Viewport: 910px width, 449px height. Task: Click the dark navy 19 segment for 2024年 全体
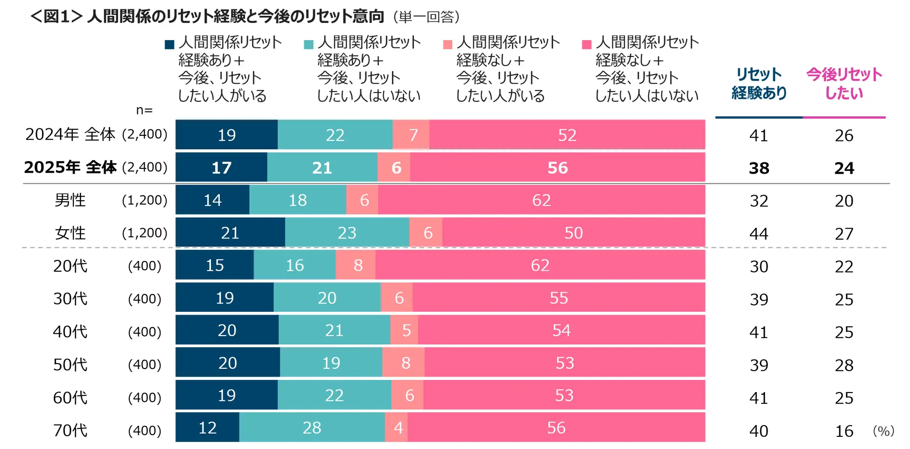click(x=226, y=135)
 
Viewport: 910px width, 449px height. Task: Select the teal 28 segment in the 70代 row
click(x=312, y=428)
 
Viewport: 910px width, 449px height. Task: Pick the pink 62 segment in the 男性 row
click(x=541, y=200)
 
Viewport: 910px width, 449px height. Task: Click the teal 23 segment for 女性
click(x=347, y=232)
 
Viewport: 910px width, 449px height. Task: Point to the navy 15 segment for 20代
click(x=215, y=265)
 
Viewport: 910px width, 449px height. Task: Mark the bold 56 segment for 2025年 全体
click(x=557, y=168)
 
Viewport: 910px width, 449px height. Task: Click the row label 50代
click(x=70, y=365)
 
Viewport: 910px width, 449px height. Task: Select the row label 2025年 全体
click(x=70, y=167)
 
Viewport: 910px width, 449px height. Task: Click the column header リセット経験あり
click(x=759, y=84)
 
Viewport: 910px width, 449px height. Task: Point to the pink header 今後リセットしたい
click(x=844, y=84)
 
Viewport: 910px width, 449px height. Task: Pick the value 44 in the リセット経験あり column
click(x=759, y=233)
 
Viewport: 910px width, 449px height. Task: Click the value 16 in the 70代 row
click(x=844, y=431)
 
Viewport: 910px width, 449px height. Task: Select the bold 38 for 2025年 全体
click(x=759, y=168)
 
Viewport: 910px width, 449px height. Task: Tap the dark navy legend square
click(x=169, y=45)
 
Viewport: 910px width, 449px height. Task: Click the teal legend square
click(x=308, y=45)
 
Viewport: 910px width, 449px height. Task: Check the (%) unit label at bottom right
click(x=883, y=431)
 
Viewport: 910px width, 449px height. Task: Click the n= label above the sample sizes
click(x=144, y=110)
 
